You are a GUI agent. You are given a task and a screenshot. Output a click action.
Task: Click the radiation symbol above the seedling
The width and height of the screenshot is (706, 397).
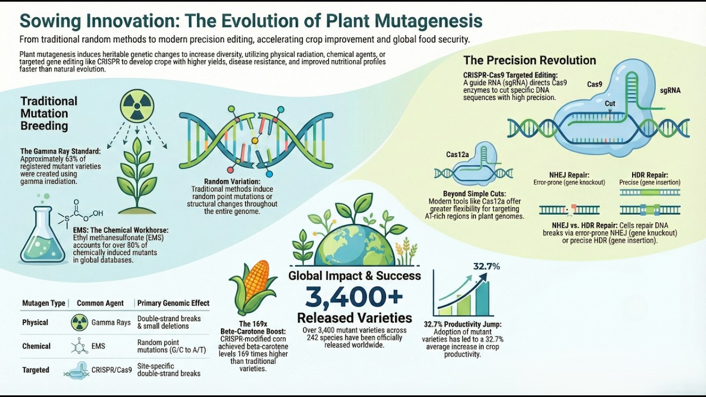pos(137,106)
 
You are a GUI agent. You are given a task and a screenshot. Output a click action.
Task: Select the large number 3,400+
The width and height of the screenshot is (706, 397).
pos(354,298)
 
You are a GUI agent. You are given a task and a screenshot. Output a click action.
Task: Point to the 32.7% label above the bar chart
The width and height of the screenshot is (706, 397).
pos(486,267)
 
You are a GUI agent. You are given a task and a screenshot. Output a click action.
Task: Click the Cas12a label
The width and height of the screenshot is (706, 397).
pos(457,154)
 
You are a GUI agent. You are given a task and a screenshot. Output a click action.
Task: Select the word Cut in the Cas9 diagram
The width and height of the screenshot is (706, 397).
pos(610,103)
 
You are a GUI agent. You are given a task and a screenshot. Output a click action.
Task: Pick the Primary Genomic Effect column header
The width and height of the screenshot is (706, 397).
pos(173,303)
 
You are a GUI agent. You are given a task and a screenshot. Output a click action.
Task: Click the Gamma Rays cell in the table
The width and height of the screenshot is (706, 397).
pos(111,323)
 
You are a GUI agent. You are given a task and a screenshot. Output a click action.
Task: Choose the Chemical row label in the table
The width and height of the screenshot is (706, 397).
pos(36,346)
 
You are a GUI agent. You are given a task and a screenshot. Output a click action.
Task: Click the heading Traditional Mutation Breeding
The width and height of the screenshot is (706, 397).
pos(49,114)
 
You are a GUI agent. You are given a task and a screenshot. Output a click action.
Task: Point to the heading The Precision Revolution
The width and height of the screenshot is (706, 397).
pos(529,61)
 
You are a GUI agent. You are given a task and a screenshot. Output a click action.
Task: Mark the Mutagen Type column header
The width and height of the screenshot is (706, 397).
pos(44,303)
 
